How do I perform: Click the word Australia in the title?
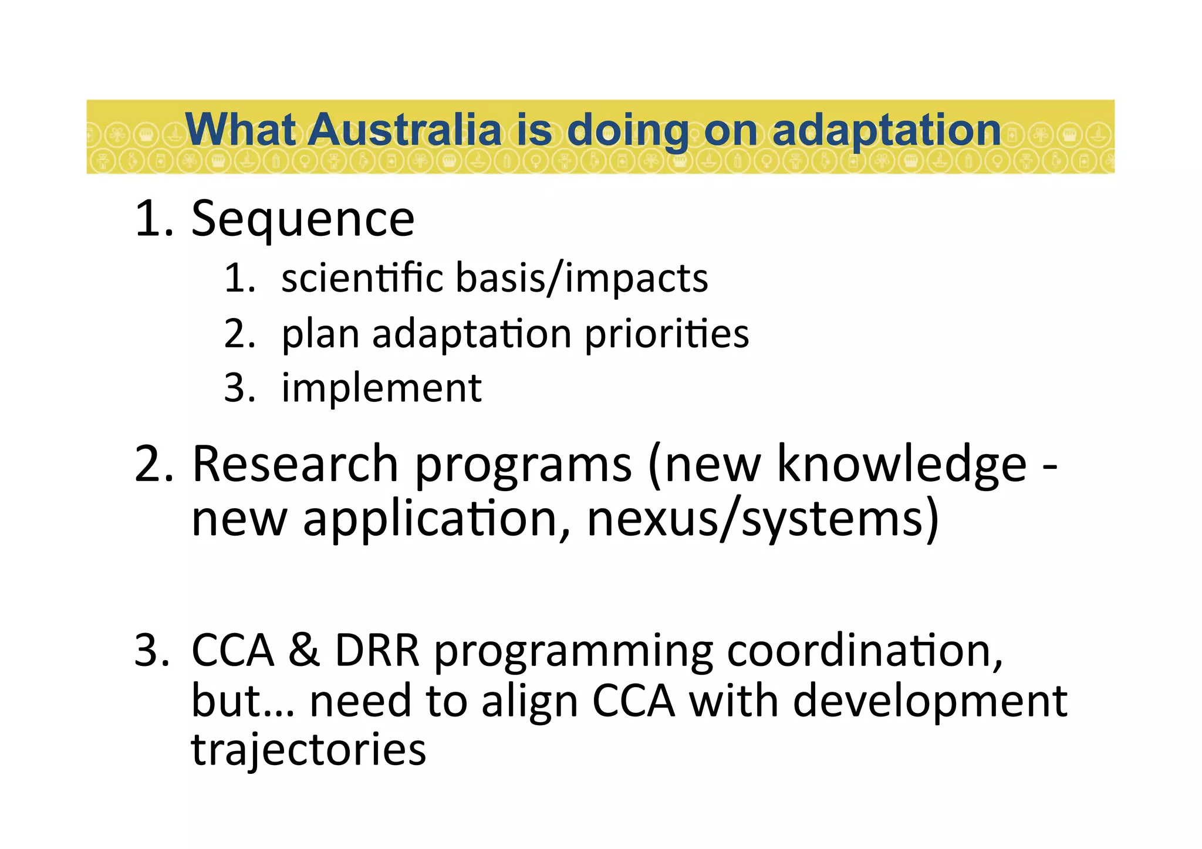click(406, 130)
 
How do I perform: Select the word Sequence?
click(303, 219)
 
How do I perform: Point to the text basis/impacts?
click(582, 279)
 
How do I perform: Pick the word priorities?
click(667, 334)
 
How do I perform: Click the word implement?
click(381, 388)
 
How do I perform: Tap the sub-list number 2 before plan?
click(239, 334)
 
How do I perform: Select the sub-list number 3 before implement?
click(239, 388)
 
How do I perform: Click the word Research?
click(295, 465)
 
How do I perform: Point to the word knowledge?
click(901, 465)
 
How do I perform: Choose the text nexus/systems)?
click(763, 519)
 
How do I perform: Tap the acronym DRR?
click(377, 651)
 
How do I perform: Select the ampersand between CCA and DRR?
click(304, 651)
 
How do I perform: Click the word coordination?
click(865, 651)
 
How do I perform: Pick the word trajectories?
click(309, 750)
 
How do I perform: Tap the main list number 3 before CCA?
click(151, 651)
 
